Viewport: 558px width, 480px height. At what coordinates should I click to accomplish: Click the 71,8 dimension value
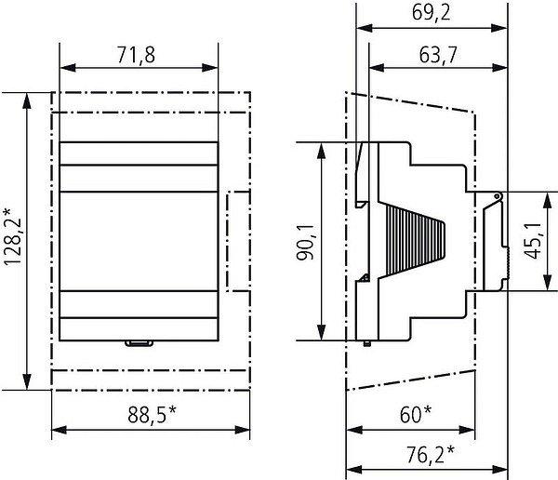(x=137, y=56)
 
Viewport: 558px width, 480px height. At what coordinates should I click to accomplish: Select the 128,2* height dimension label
(x=13, y=237)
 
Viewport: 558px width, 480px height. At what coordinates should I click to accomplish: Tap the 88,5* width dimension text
(x=152, y=414)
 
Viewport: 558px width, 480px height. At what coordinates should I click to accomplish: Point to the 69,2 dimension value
(x=431, y=12)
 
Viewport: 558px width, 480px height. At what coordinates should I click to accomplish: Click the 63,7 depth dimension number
(x=438, y=56)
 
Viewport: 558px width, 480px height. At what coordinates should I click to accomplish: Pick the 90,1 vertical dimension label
(x=305, y=242)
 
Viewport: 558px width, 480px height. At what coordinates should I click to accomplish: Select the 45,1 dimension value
(x=533, y=241)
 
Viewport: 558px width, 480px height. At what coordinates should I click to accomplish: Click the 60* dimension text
(x=416, y=414)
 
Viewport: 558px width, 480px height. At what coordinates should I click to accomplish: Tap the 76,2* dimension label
(x=431, y=454)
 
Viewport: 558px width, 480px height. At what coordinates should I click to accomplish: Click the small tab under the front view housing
(x=139, y=343)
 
